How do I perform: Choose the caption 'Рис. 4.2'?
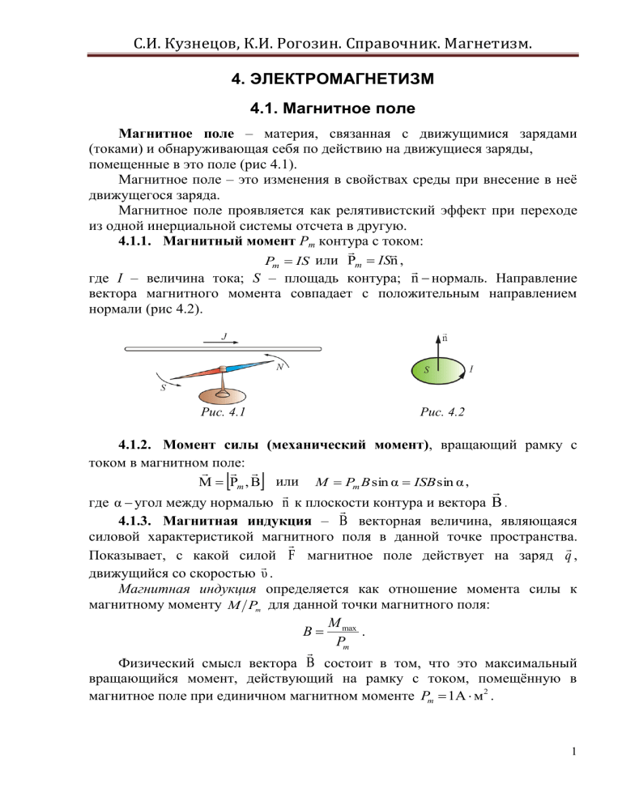pos(441,415)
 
